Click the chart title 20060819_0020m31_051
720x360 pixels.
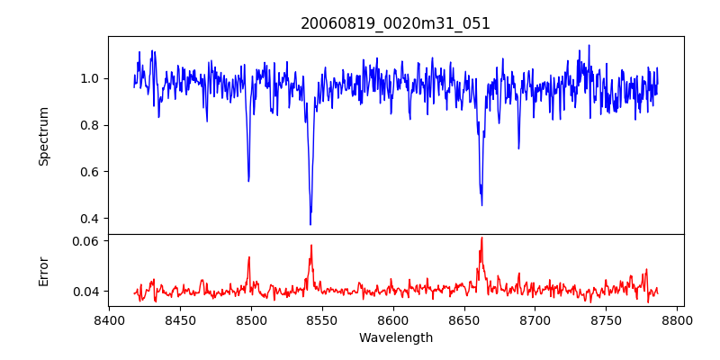[395, 23]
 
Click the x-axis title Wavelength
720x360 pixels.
[395, 337]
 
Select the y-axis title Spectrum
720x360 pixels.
[43, 136]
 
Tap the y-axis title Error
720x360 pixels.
[43, 270]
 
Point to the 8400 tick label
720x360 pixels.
[109, 319]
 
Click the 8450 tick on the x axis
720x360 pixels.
[180, 319]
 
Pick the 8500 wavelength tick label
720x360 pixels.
[251, 319]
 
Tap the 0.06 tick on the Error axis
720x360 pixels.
[86, 241]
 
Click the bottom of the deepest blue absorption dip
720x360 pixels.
[310, 224]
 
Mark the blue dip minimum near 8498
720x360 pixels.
[248, 181]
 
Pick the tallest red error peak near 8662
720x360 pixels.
[481, 238]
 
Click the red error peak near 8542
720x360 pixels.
[311, 245]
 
